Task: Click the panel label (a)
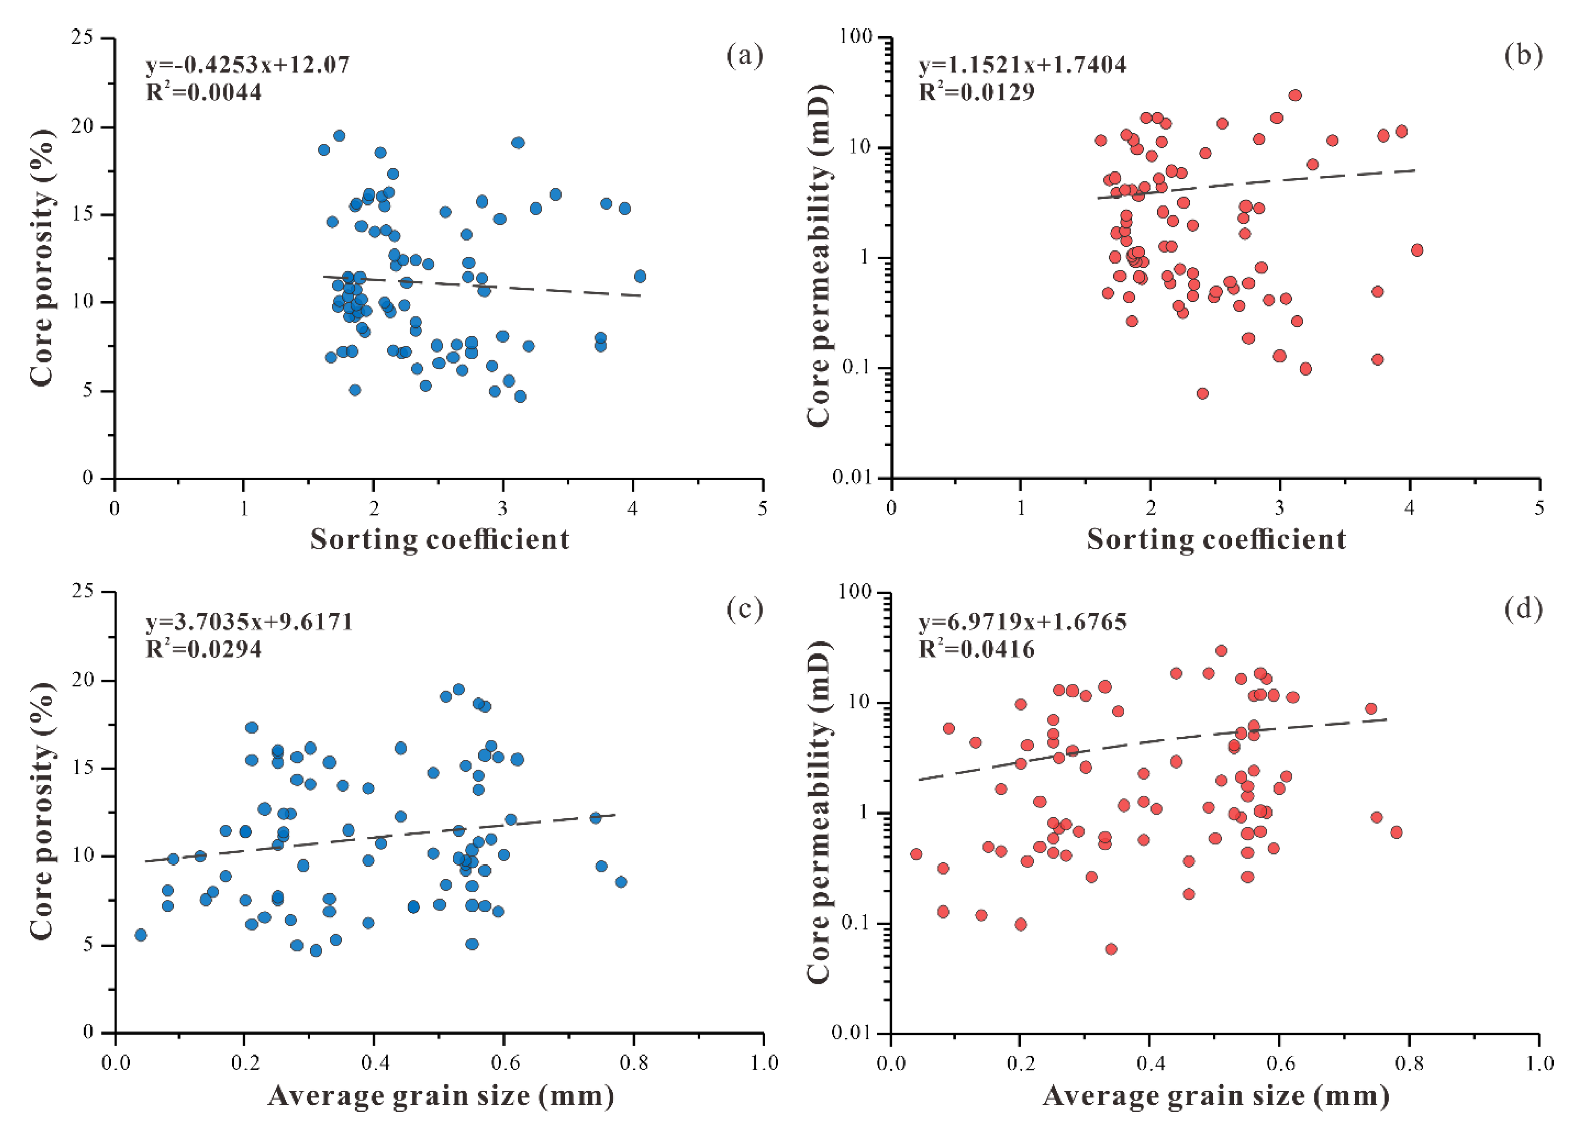point(744,55)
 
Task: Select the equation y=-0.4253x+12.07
point(248,65)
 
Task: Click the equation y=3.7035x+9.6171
point(249,622)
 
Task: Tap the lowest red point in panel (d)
point(1111,949)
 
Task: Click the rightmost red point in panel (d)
point(1396,832)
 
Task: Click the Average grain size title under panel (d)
point(1216,1096)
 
